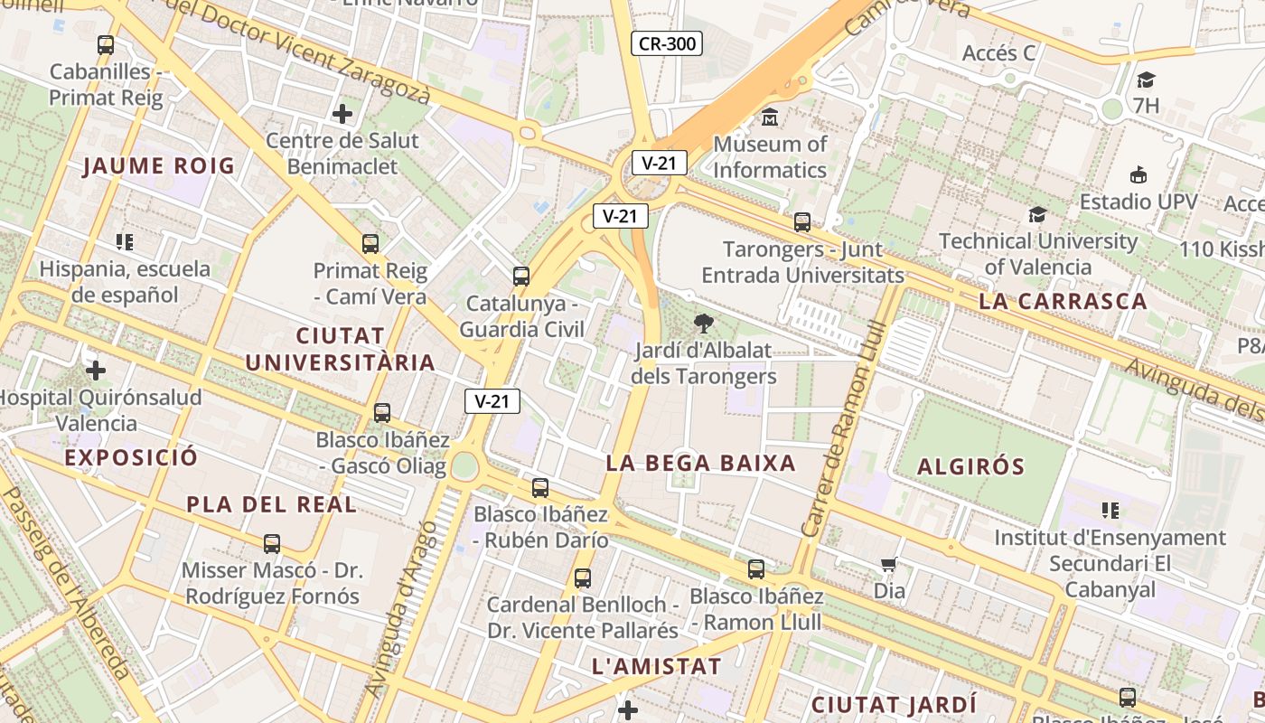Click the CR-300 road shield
pos(666,43)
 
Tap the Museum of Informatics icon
pos(770,117)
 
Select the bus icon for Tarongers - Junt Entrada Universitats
pos(801,221)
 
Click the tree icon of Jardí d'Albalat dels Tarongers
pos(703,323)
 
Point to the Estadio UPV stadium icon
pos(1138,175)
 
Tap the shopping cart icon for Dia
pos(888,565)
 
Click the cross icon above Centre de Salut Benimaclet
pos(342,114)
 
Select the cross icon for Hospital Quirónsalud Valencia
pos(96,371)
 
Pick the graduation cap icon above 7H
pos(1146,80)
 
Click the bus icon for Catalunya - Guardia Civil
pos(520,277)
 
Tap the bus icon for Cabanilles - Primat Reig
pos(106,44)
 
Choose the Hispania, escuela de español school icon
pos(125,241)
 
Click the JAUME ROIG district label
pos(159,166)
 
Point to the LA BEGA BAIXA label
pos(700,464)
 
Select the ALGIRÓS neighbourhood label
pos(971,467)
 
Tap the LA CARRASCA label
pos(1063,302)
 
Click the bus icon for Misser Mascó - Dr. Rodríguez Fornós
pos(272,544)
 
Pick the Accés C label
pos(998,53)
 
